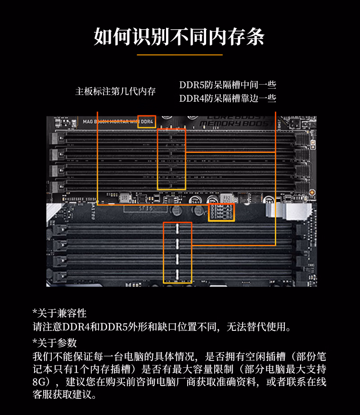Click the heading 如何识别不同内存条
click(x=179, y=36)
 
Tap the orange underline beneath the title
click(x=180, y=54)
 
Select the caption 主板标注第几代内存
click(x=115, y=91)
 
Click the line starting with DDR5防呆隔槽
click(x=227, y=85)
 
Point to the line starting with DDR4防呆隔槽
click(x=227, y=99)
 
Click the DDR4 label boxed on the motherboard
click(x=147, y=121)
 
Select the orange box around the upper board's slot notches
click(x=171, y=159)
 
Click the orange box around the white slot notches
click(x=177, y=253)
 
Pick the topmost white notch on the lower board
click(x=177, y=228)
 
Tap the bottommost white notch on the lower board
click(x=177, y=274)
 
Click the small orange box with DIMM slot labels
click(x=221, y=212)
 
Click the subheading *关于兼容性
click(x=59, y=313)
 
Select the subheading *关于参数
click(x=55, y=343)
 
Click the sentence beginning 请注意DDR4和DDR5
click(x=162, y=327)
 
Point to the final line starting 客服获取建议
click(x=65, y=395)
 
